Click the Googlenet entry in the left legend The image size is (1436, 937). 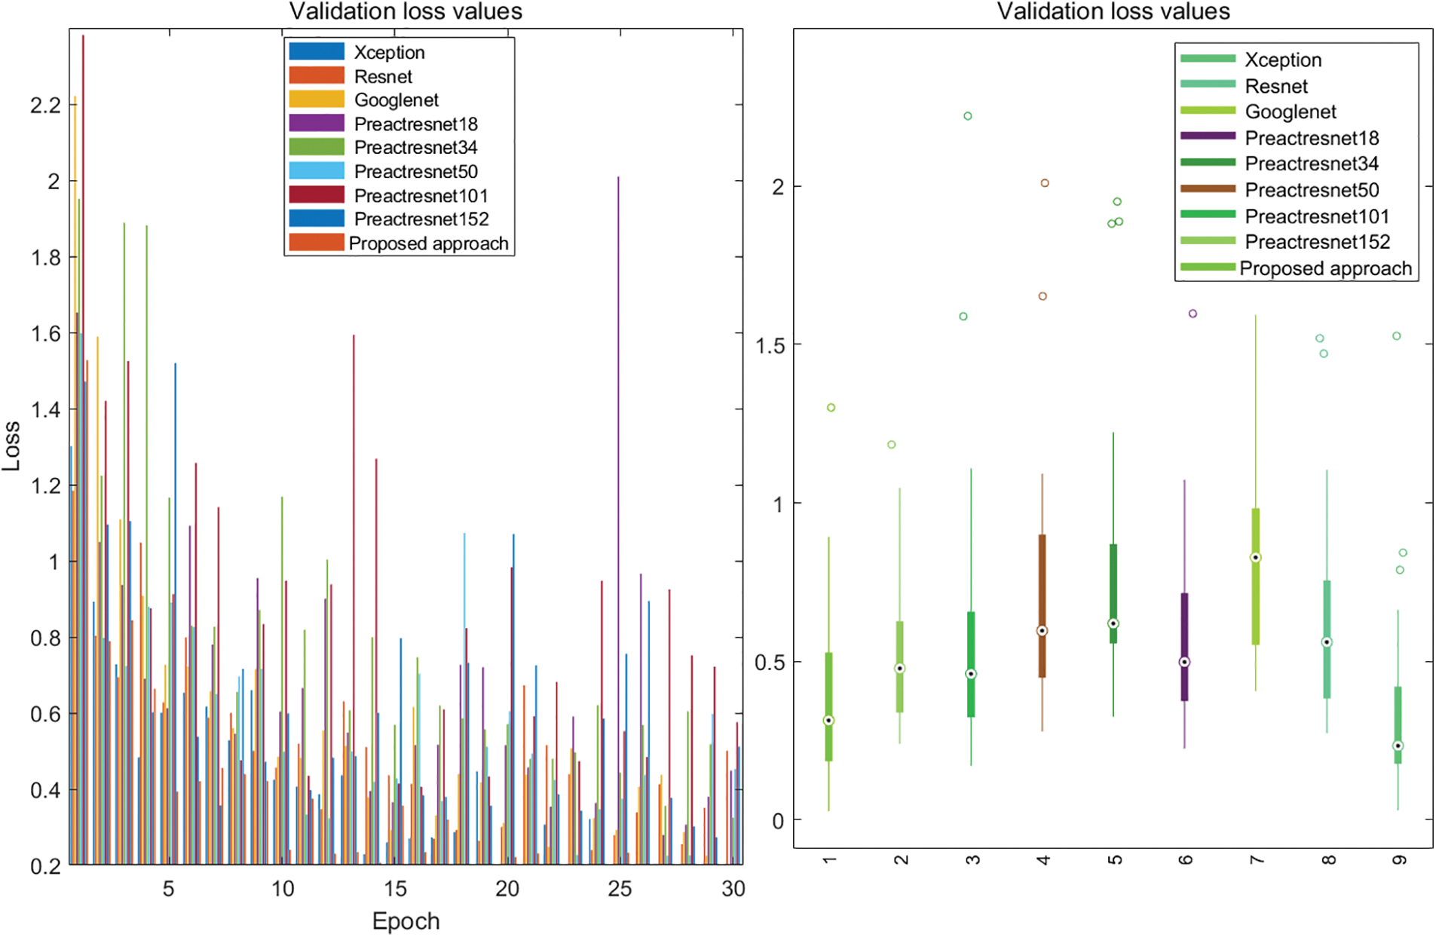point(396,100)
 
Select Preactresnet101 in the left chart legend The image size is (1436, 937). point(421,196)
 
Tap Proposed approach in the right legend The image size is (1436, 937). point(1324,268)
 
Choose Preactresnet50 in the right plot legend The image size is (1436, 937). point(1311,190)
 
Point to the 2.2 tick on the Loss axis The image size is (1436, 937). point(45,106)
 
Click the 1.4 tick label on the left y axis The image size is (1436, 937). point(45,410)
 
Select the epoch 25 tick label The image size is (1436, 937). point(620,890)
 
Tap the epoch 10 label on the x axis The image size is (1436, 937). point(283,890)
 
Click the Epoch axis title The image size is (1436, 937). point(406,921)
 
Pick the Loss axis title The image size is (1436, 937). point(11,446)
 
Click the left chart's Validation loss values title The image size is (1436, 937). point(406,11)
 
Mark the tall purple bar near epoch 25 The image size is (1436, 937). point(618,452)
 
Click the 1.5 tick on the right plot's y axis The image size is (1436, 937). point(769,345)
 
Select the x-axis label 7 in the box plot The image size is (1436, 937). point(1257,860)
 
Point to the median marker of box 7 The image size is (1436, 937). point(1256,558)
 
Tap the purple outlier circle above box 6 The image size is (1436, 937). point(1193,314)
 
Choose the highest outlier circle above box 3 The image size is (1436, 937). point(968,116)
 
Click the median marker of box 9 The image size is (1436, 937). point(1398,746)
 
